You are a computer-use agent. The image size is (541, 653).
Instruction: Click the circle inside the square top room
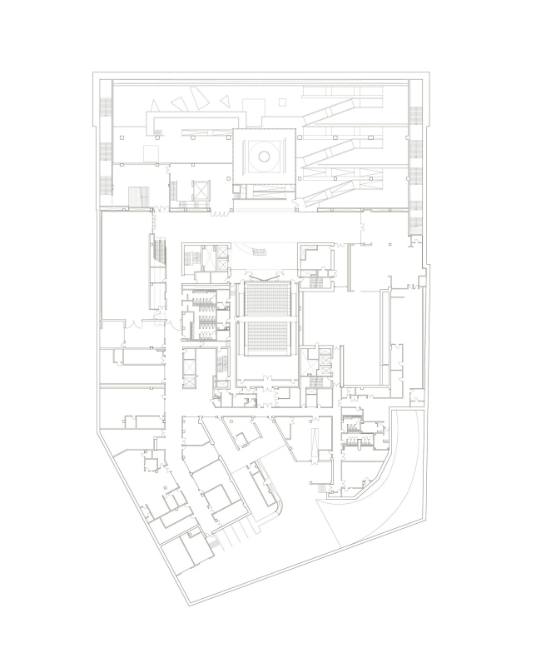click(x=264, y=156)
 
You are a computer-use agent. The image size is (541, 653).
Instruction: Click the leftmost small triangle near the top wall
click(x=153, y=105)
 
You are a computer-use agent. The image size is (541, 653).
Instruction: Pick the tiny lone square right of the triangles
click(x=282, y=102)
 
